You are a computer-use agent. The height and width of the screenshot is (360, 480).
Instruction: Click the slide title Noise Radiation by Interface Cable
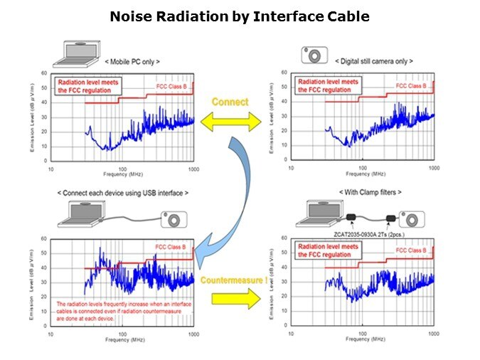[x=240, y=16]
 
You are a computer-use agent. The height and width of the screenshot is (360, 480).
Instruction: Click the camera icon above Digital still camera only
[x=313, y=54]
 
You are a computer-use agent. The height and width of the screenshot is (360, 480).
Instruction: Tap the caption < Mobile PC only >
[x=132, y=62]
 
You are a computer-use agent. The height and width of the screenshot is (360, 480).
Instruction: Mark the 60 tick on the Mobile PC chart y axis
[x=44, y=73]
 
